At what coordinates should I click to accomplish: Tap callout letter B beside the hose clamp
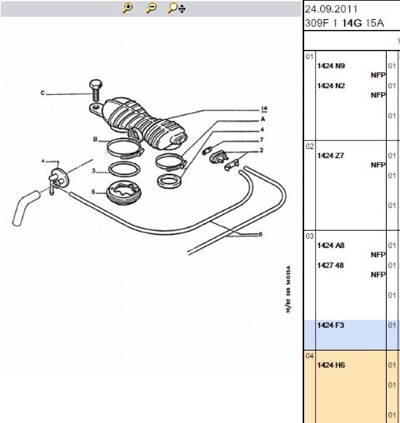click(96, 139)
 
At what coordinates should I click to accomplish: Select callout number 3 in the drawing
click(94, 172)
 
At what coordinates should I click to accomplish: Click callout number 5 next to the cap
click(94, 192)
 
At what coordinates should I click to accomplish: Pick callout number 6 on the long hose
click(260, 234)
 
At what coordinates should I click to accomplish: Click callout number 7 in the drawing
click(261, 140)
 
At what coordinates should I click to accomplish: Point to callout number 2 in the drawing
click(261, 151)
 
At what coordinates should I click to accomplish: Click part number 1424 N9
click(331, 66)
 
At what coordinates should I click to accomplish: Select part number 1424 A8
click(331, 246)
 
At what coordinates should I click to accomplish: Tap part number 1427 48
click(331, 266)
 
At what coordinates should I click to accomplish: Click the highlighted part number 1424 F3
click(331, 326)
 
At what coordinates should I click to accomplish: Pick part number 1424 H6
click(331, 366)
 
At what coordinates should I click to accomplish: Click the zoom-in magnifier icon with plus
click(127, 8)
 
